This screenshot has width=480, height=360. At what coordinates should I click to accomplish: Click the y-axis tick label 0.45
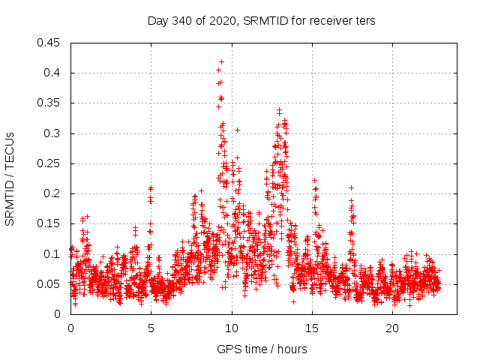point(50,43)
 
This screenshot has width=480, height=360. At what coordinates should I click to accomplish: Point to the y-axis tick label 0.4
point(53,73)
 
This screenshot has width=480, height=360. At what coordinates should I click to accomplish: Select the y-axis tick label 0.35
point(50,103)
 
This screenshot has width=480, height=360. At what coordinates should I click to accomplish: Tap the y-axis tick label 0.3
point(53,133)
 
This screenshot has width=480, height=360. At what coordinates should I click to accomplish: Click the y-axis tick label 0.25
point(50,163)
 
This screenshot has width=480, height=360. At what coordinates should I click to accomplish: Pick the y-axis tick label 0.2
point(53,193)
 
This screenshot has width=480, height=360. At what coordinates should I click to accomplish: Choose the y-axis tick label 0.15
point(50,224)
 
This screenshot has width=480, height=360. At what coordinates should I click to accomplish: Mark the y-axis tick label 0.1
point(53,254)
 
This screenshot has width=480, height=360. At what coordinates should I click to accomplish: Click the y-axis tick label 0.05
point(50,284)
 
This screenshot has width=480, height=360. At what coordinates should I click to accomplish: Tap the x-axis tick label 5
point(151,328)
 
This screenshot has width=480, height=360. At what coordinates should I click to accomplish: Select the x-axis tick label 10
point(232,328)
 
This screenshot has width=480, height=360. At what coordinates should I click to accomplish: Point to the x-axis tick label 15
point(312,328)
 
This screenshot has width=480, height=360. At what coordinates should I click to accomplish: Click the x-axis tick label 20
point(392,328)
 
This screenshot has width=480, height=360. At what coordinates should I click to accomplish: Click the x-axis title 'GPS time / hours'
point(262,349)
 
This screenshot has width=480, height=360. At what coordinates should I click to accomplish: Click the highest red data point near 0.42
point(221,61)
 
